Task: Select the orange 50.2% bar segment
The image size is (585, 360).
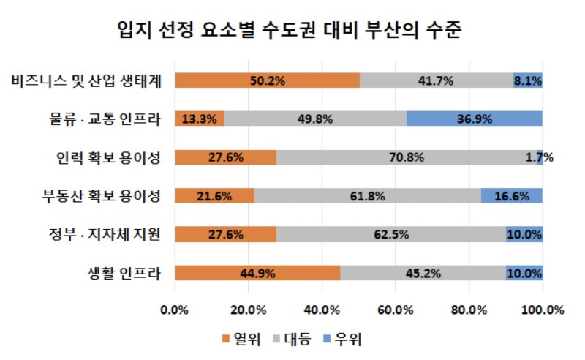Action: [267, 80]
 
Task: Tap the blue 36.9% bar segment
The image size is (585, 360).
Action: [474, 119]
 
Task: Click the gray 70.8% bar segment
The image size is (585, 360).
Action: [409, 157]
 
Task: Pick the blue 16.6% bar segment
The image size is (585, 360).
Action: [511, 196]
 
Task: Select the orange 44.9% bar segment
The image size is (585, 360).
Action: [257, 274]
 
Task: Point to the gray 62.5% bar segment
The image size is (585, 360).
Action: [390, 235]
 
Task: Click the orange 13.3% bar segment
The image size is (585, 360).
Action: [199, 119]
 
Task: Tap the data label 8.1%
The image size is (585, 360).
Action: [527, 80]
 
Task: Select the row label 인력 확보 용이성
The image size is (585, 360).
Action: [107, 157]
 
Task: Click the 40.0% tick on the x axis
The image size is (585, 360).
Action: [322, 310]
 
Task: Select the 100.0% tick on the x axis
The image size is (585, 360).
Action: [542, 310]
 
